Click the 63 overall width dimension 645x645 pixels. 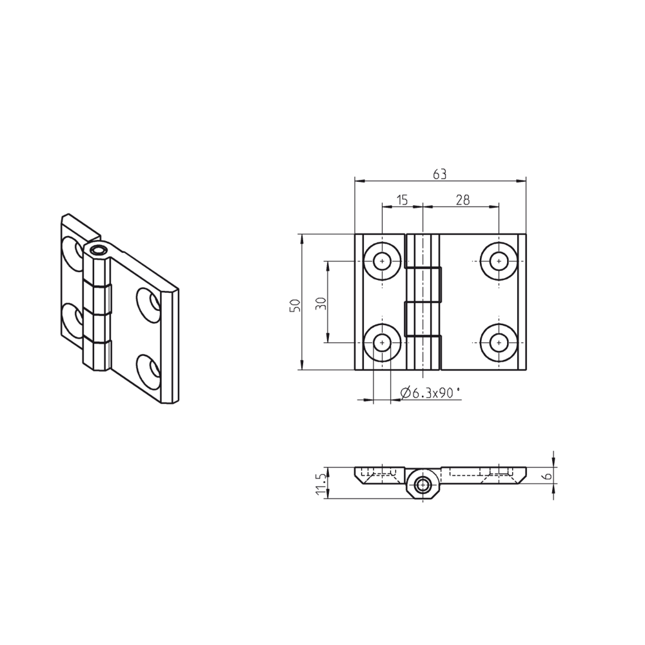pos(440,174)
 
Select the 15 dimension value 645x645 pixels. pos(401,200)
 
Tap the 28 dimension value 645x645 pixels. pos(462,200)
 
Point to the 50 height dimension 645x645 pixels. pos(295,306)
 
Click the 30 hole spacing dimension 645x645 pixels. pos(321,303)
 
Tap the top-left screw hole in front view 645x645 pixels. pos(383,261)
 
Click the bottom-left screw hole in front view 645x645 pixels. pos(383,342)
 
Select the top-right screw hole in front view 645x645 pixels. pos(498,261)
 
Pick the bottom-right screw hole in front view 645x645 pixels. pos(498,342)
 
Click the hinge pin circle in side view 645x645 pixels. pos(423,485)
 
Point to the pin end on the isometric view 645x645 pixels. pos(98,250)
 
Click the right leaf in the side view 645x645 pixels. pos(484,473)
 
